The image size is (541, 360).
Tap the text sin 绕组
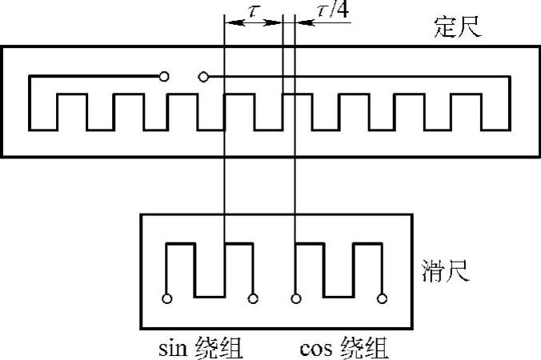[x=201, y=349]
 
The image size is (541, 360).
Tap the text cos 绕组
[x=345, y=349]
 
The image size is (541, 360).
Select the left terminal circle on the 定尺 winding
[x=164, y=77]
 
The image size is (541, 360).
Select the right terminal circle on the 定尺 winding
[x=203, y=77]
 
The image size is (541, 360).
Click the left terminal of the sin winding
[x=167, y=299]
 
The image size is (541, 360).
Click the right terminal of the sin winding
[x=254, y=299]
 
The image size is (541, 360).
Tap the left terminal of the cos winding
[x=297, y=299]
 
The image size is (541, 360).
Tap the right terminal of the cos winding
[x=383, y=299]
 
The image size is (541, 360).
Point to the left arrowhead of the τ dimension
[x=230, y=24]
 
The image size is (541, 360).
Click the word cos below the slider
[x=315, y=349]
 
